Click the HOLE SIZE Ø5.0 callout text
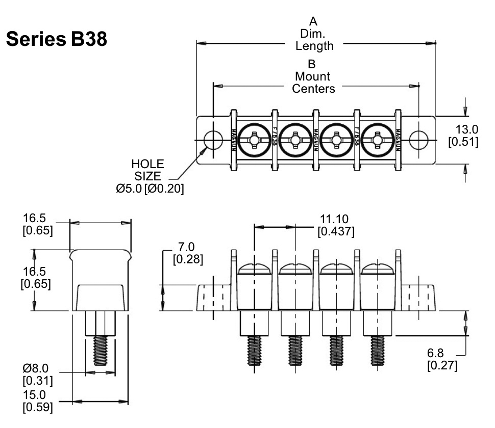(x=149, y=176)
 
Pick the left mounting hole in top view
(x=212, y=139)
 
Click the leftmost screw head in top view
(x=253, y=139)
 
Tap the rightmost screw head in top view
(x=377, y=139)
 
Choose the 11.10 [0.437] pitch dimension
(x=336, y=225)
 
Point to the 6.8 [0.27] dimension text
(x=442, y=360)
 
